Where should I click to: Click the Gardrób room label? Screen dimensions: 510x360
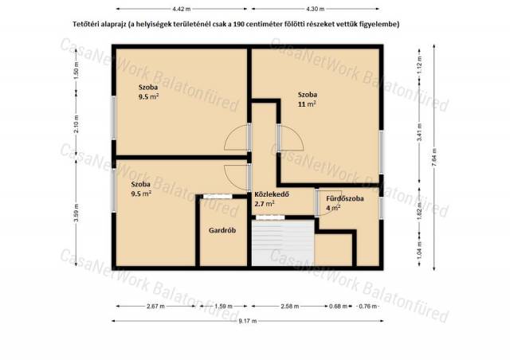click(222, 230)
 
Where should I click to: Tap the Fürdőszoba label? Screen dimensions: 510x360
click(345, 198)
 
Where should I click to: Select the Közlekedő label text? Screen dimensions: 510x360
click(272, 194)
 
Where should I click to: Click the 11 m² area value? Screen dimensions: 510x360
click(307, 104)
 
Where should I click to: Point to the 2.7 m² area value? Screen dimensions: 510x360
click(265, 204)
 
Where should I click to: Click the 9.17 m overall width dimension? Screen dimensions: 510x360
click(248, 321)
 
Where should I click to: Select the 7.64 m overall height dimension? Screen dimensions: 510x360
click(433, 158)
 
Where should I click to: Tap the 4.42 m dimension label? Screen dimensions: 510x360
click(182, 9)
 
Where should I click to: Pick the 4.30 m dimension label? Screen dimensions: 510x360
click(316, 9)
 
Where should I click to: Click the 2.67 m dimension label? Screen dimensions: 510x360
click(156, 307)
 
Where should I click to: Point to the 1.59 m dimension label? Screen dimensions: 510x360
click(223, 307)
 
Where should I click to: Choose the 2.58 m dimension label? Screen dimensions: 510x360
click(289, 307)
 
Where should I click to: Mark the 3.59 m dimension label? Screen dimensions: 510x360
click(76, 213)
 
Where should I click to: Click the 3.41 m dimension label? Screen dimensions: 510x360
click(420, 132)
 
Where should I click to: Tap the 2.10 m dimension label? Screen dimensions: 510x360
click(76, 124)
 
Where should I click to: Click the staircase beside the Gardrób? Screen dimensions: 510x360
click(283, 243)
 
